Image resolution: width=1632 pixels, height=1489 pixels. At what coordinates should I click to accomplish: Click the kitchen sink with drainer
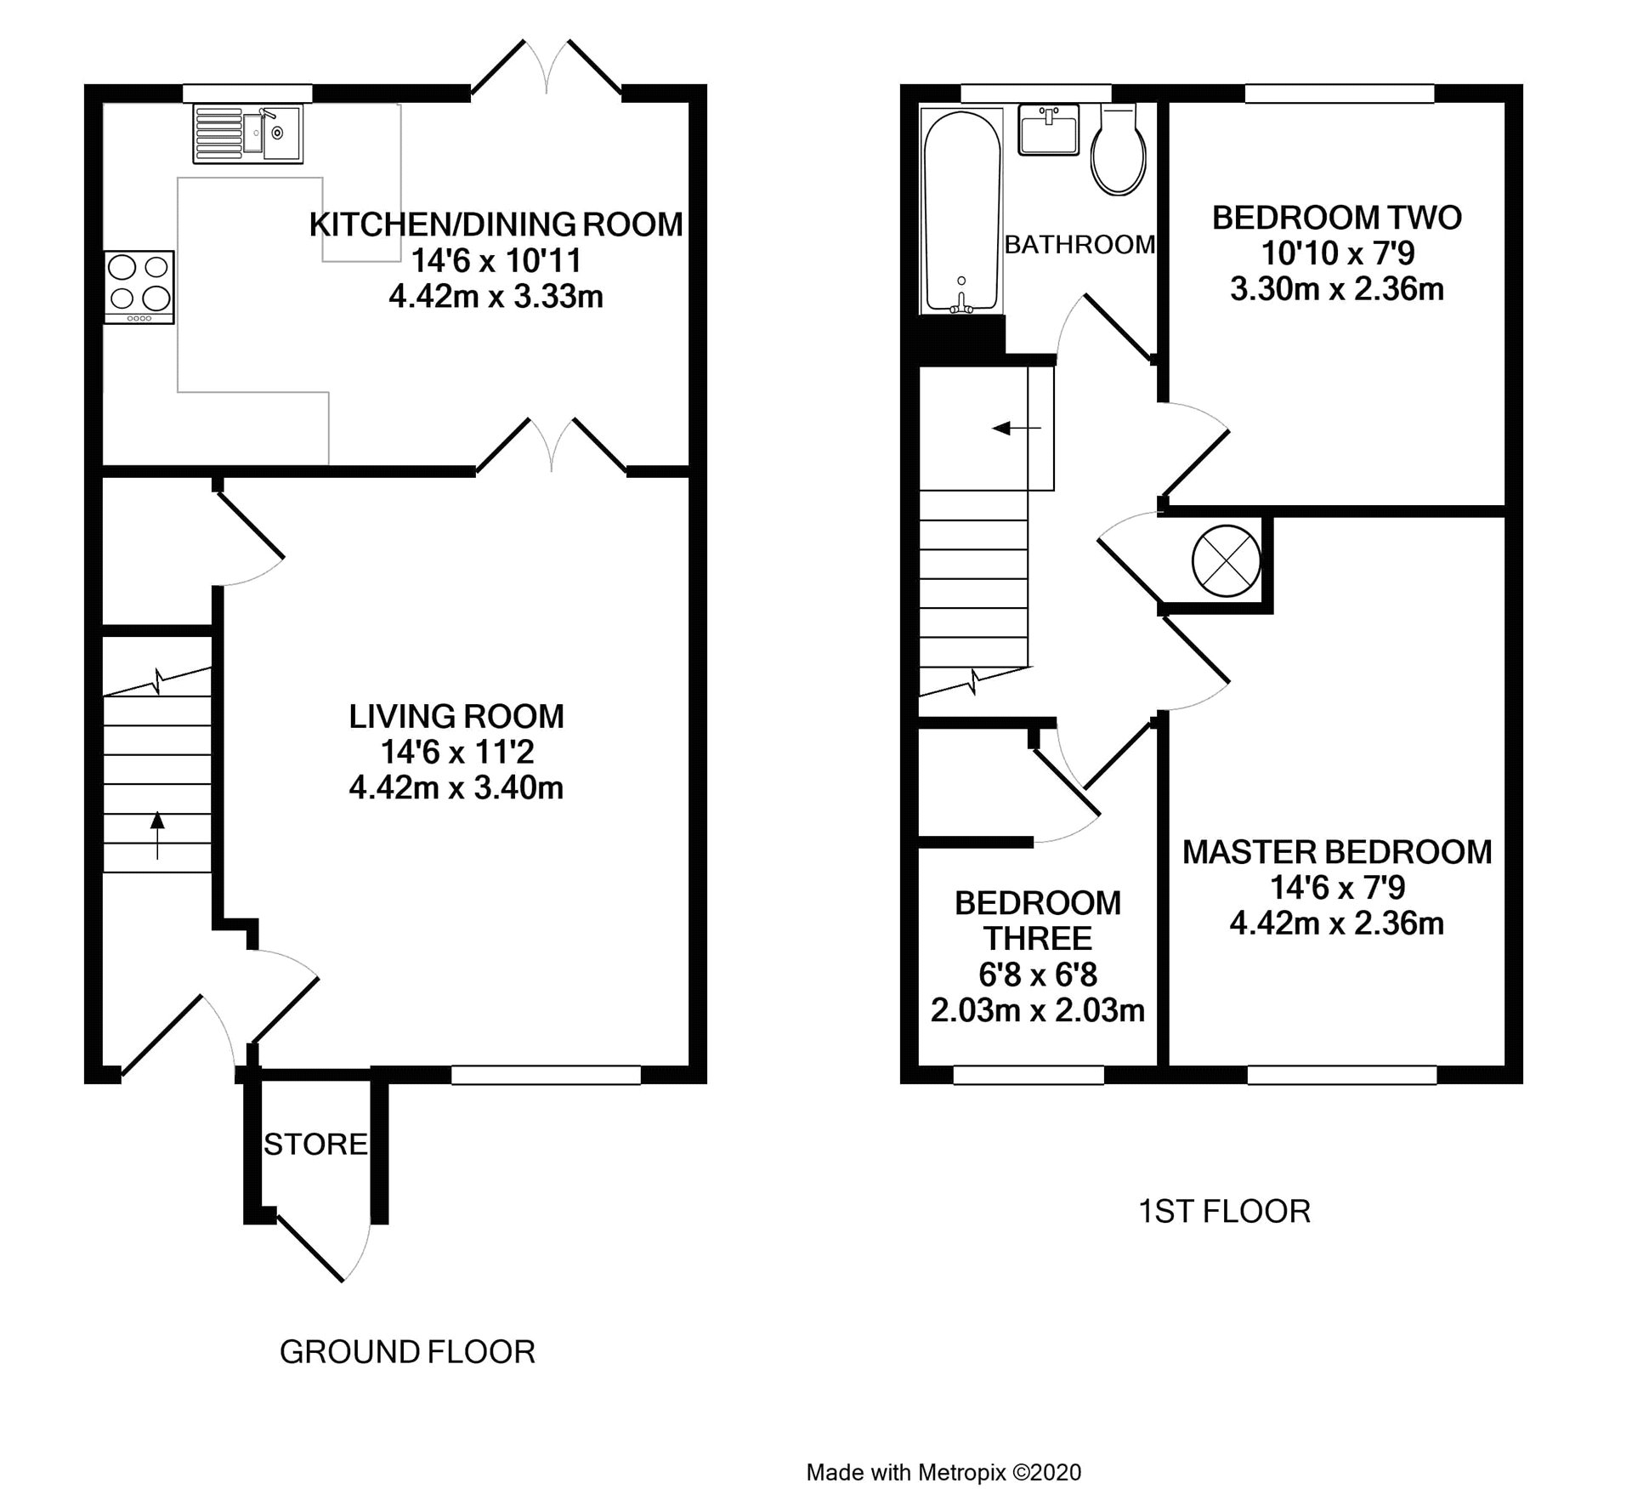246,134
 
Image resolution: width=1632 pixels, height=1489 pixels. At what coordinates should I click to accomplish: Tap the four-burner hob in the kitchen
139,287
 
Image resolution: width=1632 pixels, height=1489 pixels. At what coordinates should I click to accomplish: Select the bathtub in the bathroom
960,212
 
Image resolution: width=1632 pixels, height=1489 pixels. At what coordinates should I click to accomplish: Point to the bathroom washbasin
1049,129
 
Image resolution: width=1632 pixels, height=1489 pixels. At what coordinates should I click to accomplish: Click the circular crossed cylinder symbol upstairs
1226,560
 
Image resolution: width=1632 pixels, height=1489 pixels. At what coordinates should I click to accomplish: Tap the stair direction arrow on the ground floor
157,836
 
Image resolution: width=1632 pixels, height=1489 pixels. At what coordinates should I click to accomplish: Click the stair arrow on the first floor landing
1017,428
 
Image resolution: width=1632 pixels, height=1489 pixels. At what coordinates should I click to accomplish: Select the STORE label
315,1145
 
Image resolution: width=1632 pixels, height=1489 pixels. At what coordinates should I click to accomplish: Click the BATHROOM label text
1079,245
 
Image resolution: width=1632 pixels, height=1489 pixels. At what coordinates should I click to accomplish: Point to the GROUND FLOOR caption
407,1351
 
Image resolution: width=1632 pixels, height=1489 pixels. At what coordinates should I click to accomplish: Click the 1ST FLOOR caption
1224,1211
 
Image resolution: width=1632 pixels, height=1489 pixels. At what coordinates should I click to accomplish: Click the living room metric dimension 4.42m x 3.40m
456,787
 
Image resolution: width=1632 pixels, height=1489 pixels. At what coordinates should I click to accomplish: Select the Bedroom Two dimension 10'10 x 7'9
1337,253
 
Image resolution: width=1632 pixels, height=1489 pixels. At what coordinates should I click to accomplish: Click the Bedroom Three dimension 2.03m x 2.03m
1038,1010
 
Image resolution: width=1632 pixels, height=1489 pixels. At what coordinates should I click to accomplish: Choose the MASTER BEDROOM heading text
1337,852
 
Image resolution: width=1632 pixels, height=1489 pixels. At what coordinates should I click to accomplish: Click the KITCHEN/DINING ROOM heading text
496,224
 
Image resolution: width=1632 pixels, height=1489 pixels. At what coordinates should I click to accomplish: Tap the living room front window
546,1075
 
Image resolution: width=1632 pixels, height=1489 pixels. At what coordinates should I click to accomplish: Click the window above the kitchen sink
247,93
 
